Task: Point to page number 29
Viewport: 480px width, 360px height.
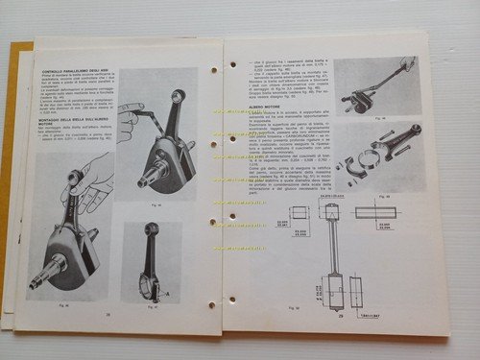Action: pos(341,313)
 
